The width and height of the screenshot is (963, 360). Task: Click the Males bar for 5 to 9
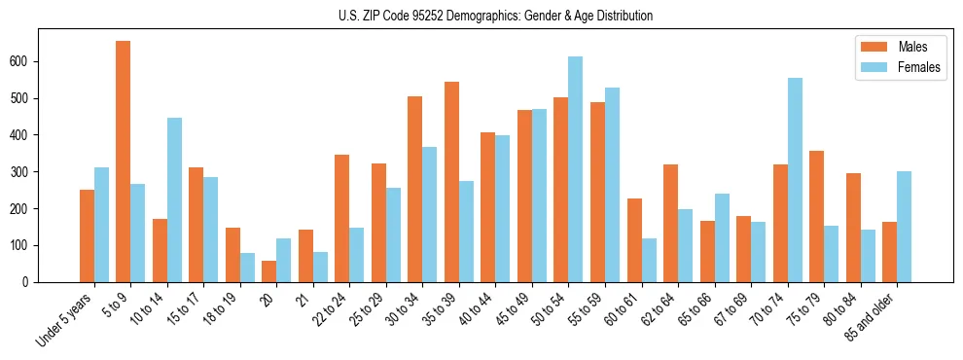point(124,162)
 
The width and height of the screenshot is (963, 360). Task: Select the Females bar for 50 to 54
point(576,169)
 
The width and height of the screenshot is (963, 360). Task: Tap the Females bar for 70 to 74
point(795,180)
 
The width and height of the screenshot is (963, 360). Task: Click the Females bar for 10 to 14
point(174,199)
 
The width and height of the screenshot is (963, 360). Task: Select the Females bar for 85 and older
point(905,227)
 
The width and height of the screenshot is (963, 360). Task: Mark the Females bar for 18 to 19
point(247,268)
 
